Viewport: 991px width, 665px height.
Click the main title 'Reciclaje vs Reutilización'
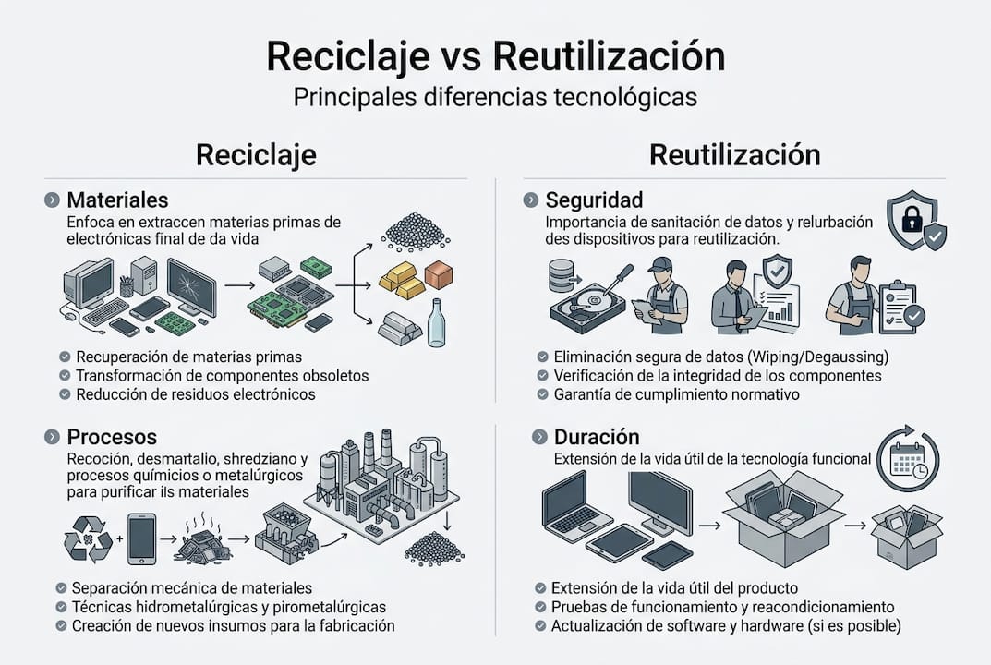click(x=495, y=56)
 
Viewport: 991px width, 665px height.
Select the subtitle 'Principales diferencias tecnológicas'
click(x=495, y=97)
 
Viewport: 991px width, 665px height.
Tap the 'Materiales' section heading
click(x=117, y=199)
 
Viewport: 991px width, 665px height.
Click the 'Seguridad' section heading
click(x=594, y=199)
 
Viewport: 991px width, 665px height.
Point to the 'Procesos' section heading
click(x=112, y=437)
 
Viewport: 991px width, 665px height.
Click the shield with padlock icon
click(x=914, y=222)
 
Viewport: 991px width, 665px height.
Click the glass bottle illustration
click(x=436, y=322)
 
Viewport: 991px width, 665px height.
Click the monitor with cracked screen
click(x=190, y=287)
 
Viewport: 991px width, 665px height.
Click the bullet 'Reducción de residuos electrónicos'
click(x=195, y=394)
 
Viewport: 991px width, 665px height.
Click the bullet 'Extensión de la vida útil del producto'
click(x=674, y=587)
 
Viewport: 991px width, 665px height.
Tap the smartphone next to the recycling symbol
click(x=141, y=538)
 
